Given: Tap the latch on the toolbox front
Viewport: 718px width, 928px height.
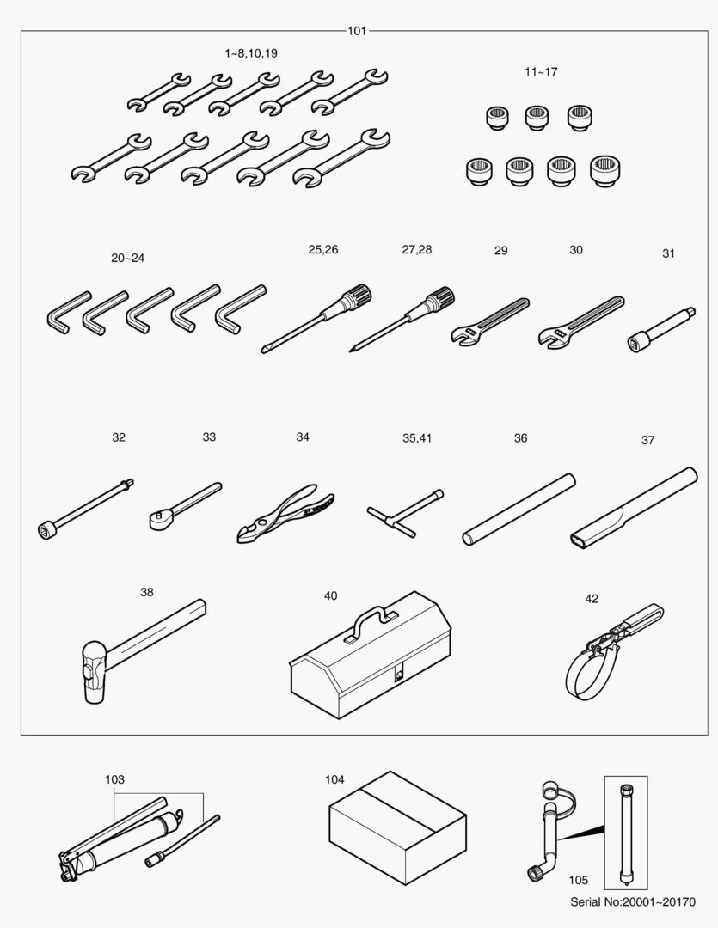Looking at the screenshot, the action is (x=399, y=675).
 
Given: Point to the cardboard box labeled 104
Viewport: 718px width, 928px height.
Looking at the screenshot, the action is (x=397, y=827).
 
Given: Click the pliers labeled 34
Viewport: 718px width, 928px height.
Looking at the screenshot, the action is (x=285, y=514).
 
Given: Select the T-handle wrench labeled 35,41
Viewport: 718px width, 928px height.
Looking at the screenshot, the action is (x=405, y=512).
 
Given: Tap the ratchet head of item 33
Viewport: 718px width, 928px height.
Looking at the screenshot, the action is (x=159, y=520).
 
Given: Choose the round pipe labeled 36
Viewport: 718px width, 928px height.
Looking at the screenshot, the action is (x=519, y=509).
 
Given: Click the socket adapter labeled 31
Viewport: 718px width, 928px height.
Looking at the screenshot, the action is (x=661, y=330).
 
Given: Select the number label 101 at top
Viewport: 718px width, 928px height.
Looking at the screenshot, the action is (x=357, y=31).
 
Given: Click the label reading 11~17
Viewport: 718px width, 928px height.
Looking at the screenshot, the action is (x=541, y=71).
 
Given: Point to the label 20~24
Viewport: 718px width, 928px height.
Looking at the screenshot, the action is (x=127, y=258).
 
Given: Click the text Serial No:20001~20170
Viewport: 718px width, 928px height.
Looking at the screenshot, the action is (x=633, y=902).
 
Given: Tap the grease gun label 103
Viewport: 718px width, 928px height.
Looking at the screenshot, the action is (x=114, y=779).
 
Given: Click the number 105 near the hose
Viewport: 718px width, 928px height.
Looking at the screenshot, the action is (x=578, y=880).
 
